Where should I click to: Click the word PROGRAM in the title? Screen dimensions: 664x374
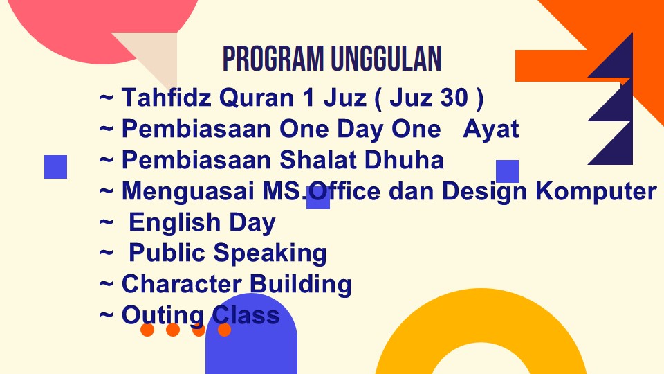point(273,58)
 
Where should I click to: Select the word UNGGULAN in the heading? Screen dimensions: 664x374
point(386,58)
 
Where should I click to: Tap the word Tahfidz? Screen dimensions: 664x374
point(167,97)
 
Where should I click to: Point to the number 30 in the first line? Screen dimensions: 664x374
point(454,97)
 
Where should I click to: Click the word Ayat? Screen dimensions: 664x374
point(491,129)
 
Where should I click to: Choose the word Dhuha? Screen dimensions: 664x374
point(404,160)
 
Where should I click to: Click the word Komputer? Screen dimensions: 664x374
point(596,192)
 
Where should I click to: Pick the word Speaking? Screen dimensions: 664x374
point(270,253)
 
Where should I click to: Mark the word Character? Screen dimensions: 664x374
point(182,284)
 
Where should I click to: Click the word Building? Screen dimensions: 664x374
point(301,284)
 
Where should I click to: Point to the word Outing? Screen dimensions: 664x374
point(163,316)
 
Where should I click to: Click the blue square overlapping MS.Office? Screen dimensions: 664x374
point(318,197)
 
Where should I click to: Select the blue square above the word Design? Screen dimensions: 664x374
point(507,171)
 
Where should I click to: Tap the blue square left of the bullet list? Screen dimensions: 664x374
point(56,167)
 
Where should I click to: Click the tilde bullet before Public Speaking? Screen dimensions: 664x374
point(107,253)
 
